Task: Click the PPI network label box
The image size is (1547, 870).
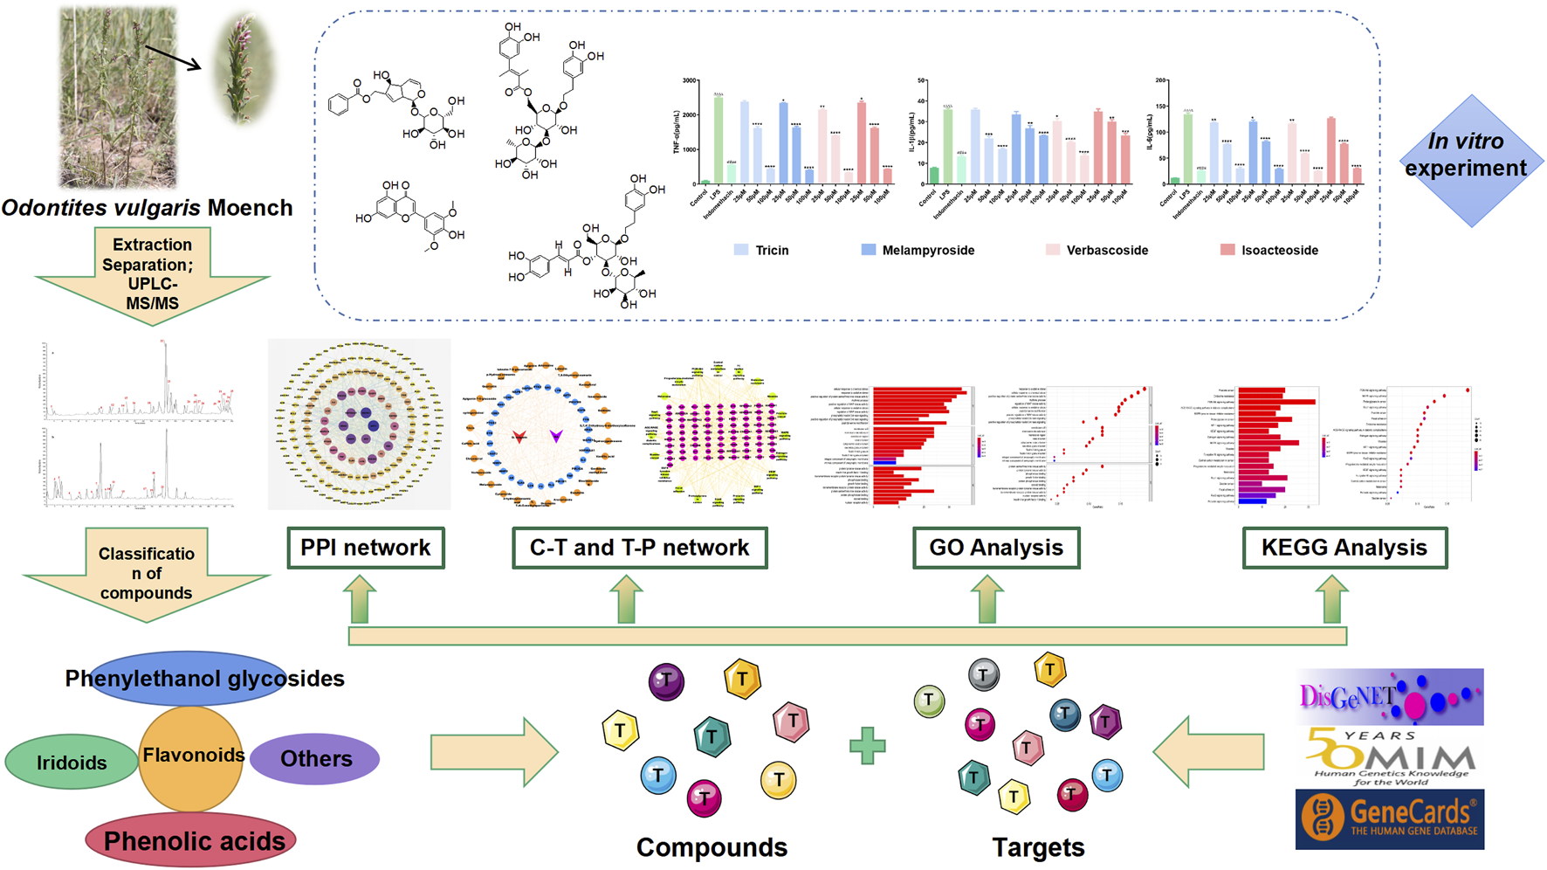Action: (x=366, y=548)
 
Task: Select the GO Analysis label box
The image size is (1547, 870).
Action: (x=996, y=548)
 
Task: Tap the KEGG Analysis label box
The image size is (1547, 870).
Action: (x=1344, y=548)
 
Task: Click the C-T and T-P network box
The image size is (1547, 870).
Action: (x=639, y=548)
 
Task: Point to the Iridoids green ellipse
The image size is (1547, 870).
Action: (x=71, y=762)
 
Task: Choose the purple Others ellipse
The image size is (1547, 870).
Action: (x=315, y=758)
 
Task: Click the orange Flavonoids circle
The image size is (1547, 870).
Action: (x=192, y=756)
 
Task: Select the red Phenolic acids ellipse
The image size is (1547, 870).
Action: (x=191, y=840)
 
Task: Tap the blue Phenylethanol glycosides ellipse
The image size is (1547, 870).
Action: (x=188, y=679)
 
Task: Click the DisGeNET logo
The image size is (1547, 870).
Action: (x=1389, y=697)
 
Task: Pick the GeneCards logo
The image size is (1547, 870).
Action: (x=1389, y=818)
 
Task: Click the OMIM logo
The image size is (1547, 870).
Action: (x=1389, y=756)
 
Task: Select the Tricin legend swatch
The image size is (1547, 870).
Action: (x=741, y=250)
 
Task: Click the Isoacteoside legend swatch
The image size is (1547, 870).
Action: (x=1227, y=250)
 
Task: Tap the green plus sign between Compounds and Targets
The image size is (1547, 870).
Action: (x=867, y=746)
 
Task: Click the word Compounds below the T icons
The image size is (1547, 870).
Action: (x=712, y=846)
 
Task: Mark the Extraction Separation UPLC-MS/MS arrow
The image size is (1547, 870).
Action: (x=152, y=274)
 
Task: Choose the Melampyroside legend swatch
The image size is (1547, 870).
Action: (x=868, y=250)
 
